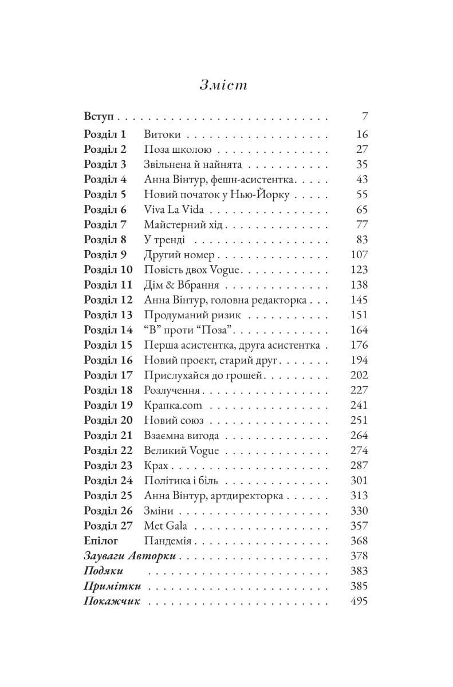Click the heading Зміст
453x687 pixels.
click(x=223, y=85)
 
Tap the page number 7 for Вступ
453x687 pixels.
click(x=364, y=117)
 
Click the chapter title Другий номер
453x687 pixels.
click(x=179, y=255)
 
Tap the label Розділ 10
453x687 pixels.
click(x=108, y=270)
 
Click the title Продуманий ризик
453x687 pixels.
click(x=192, y=315)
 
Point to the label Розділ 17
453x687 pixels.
click(x=108, y=375)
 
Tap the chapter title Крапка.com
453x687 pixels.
click(x=174, y=405)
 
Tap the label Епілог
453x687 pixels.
click(x=101, y=540)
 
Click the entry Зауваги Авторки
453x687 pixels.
click(x=129, y=556)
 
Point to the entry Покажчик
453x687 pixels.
click(x=112, y=601)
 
